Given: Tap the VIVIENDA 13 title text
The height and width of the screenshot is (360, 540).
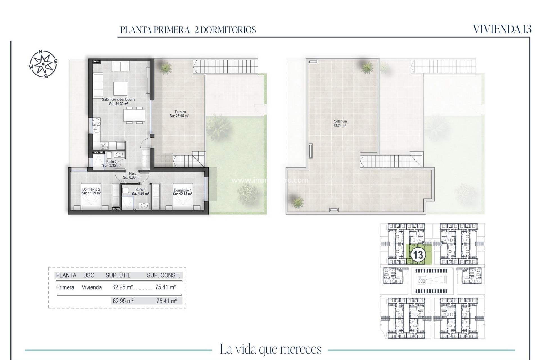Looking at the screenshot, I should click(x=502, y=29).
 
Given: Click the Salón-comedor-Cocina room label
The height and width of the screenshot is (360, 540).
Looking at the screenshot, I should click(x=118, y=100).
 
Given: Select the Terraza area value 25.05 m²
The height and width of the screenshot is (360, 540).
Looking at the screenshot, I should click(x=179, y=116).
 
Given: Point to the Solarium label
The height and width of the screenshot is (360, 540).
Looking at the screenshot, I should click(x=340, y=121).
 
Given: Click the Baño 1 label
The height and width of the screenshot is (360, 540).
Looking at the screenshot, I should click(x=140, y=190).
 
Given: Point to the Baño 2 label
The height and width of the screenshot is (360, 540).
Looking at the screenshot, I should click(x=111, y=162).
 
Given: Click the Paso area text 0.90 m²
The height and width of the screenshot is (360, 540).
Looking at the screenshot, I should click(x=132, y=177).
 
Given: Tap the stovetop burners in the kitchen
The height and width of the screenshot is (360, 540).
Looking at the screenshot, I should click(x=104, y=146).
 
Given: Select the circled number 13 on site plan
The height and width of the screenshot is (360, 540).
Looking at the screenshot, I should click(x=418, y=255).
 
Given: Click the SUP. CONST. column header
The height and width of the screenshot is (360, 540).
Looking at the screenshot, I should click(x=163, y=275).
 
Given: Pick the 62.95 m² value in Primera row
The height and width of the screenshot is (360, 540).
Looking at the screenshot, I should click(x=122, y=287).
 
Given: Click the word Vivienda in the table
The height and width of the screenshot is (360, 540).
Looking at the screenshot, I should click(x=91, y=287).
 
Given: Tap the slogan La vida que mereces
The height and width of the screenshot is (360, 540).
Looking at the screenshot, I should click(x=270, y=349).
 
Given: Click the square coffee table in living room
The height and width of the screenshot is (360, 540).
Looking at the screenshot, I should click(x=120, y=89).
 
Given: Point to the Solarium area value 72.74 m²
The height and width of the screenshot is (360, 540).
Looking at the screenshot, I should click(x=340, y=126).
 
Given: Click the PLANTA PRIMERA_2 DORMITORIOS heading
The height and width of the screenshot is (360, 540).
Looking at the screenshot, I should click(x=188, y=30).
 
